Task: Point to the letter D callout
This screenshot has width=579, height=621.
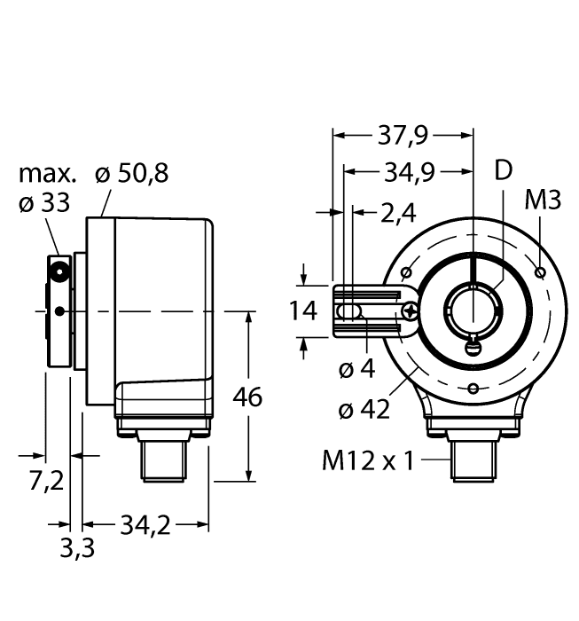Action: click(503, 171)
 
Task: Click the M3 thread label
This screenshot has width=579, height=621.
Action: click(543, 200)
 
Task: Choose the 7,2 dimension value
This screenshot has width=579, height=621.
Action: click(46, 480)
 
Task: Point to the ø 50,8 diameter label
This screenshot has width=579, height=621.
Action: click(132, 174)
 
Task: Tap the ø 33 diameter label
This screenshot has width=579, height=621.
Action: click(43, 203)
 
